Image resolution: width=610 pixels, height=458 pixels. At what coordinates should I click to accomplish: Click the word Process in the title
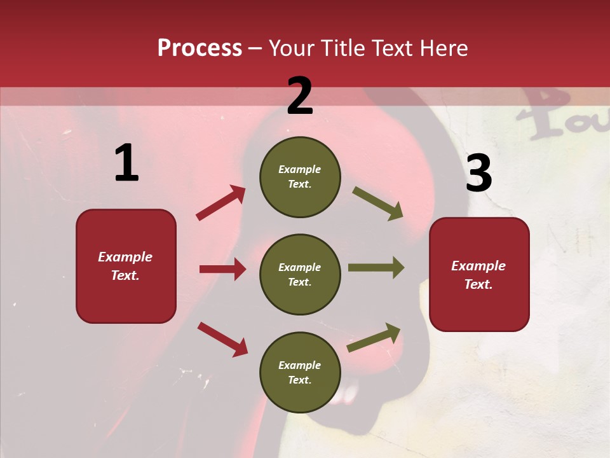tap(200, 48)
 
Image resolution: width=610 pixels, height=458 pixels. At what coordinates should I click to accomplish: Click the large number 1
tap(126, 163)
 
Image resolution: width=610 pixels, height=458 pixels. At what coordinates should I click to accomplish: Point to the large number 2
tap(300, 96)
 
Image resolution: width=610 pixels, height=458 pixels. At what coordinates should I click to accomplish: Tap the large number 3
tap(478, 174)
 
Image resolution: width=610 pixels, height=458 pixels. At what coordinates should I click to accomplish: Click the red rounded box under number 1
tap(126, 266)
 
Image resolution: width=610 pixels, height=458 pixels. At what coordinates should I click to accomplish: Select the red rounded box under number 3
tap(479, 275)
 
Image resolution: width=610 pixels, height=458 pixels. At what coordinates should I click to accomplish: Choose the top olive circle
tap(300, 177)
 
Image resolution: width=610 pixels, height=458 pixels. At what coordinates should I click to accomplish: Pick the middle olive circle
tap(300, 274)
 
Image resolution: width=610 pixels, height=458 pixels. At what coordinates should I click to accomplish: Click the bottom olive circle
tap(300, 372)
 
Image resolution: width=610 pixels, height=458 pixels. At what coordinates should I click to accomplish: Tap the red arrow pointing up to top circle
tap(221, 202)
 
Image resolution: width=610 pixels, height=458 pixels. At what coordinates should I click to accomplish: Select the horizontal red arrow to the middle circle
tap(222, 269)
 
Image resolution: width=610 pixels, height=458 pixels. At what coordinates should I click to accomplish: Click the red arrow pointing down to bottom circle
tap(222, 338)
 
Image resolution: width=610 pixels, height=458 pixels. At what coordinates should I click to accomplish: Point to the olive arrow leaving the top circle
tap(377, 203)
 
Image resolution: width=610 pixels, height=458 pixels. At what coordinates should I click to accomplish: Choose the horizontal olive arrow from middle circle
tap(376, 268)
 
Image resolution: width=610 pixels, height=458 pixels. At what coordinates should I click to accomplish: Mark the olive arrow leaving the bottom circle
tap(374, 337)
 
